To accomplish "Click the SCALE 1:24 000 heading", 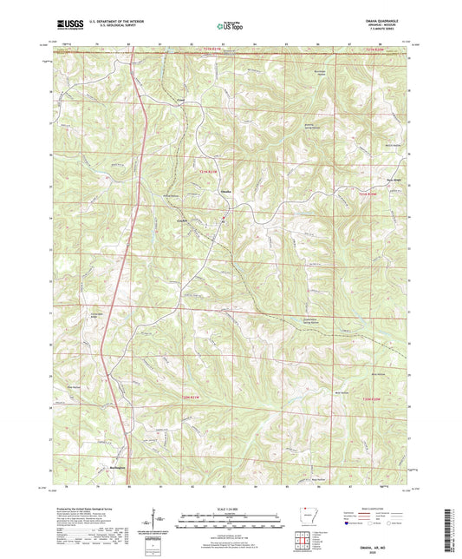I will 230,509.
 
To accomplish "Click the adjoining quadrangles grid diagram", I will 304,539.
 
